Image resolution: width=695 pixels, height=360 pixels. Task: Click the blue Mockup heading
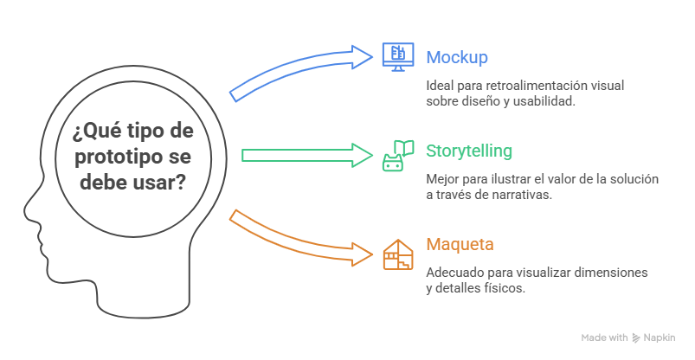tap(456, 58)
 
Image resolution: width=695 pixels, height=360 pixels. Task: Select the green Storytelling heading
tap(469, 151)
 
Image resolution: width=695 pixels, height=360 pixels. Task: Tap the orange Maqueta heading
tap(460, 244)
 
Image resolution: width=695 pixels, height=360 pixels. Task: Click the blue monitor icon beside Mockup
tap(398, 57)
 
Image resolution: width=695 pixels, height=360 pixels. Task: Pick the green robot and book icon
tap(398, 156)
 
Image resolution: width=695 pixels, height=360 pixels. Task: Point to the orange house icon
tap(398, 254)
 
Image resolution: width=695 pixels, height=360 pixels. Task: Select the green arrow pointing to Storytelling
tap(306, 155)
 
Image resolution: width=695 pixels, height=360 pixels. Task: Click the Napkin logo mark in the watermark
tap(636, 337)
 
